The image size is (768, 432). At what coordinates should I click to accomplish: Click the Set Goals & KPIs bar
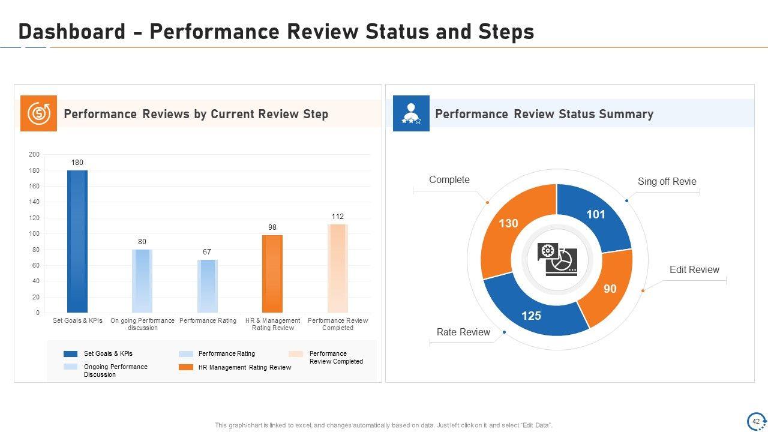coord(77,241)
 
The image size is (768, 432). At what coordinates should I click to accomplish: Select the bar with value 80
coord(142,281)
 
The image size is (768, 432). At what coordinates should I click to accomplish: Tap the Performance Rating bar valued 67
coord(207,286)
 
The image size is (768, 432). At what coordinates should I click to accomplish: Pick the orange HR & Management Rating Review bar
coord(272,274)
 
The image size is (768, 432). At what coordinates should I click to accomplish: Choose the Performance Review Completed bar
coord(337,268)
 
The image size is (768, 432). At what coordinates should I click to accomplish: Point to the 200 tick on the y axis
coord(34,155)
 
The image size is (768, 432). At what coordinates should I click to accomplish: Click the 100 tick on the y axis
coord(34,234)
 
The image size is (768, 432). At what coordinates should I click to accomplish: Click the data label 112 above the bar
coord(337,217)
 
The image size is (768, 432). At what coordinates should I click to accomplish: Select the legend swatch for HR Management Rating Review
coord(186,367)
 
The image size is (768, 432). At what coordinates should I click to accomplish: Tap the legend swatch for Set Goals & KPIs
coord(71,354)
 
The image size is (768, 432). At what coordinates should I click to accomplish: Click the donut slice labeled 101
coord(594,216)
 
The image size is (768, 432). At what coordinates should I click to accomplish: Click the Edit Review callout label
coord(694,270)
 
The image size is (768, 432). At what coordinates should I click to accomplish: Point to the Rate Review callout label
coord(463,332)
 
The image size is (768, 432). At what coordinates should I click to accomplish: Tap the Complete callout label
coord(449,180)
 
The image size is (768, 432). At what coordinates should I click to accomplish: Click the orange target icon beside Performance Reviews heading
coord(39,113)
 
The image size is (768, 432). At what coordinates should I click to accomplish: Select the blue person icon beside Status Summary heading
coord(411,113)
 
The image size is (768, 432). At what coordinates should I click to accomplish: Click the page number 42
coord(756,421)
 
